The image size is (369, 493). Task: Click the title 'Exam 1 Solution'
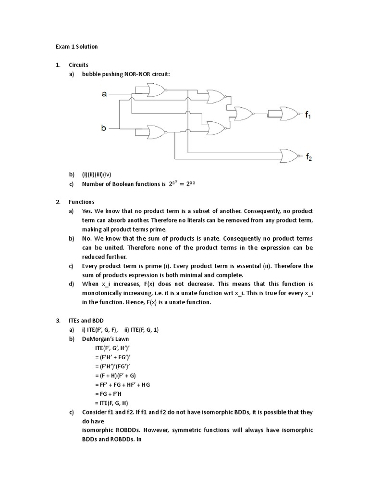(75, 47)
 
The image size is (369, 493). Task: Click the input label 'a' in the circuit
(104, 94)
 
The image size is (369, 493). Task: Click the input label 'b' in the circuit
(104, 129)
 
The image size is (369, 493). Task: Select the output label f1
(308, 115)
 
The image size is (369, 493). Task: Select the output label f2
(309, 156)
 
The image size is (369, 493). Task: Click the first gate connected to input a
(157, 89)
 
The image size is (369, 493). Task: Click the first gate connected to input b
(157, 131)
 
